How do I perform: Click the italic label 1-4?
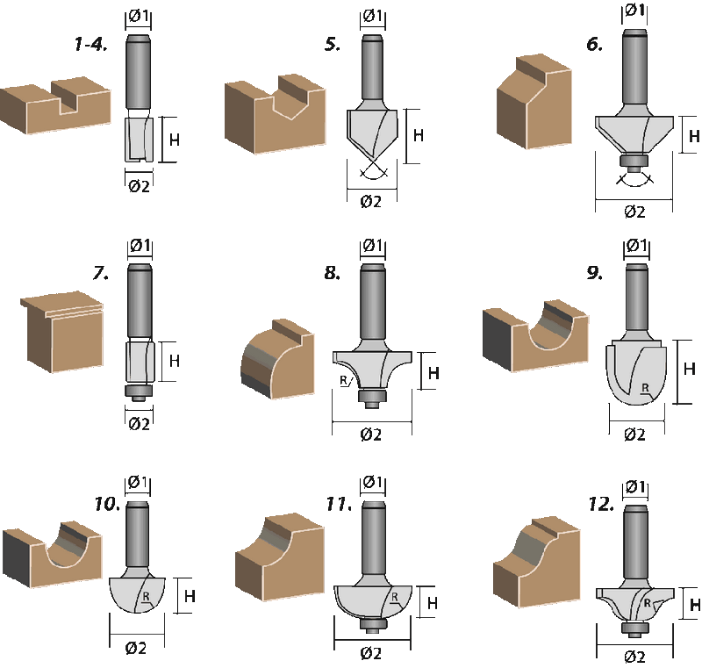(x=91, y=44)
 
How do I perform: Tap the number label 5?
(x=332, y=44)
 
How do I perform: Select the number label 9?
(x=595, y=272)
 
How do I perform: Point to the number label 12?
(x=601, y=504)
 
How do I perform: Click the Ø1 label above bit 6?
(x=634, y=10)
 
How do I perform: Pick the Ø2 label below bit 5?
(x=371, y=202)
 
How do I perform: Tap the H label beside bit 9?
(x=690, y=369)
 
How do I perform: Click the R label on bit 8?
(x=344, y=381)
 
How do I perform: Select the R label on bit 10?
(x=146, y=596)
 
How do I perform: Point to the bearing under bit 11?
(x=372, y=625)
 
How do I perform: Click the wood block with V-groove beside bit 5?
(x=275, y=114)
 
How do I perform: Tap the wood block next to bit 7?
(x=62, y=332)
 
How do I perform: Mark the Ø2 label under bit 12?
(x=634, y=657)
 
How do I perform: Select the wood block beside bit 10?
(x=53, y=554)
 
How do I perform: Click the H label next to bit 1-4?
(x=175, y=140)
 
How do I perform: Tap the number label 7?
(x=101, y=272)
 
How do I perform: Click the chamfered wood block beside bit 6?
(x=534, y=102)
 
